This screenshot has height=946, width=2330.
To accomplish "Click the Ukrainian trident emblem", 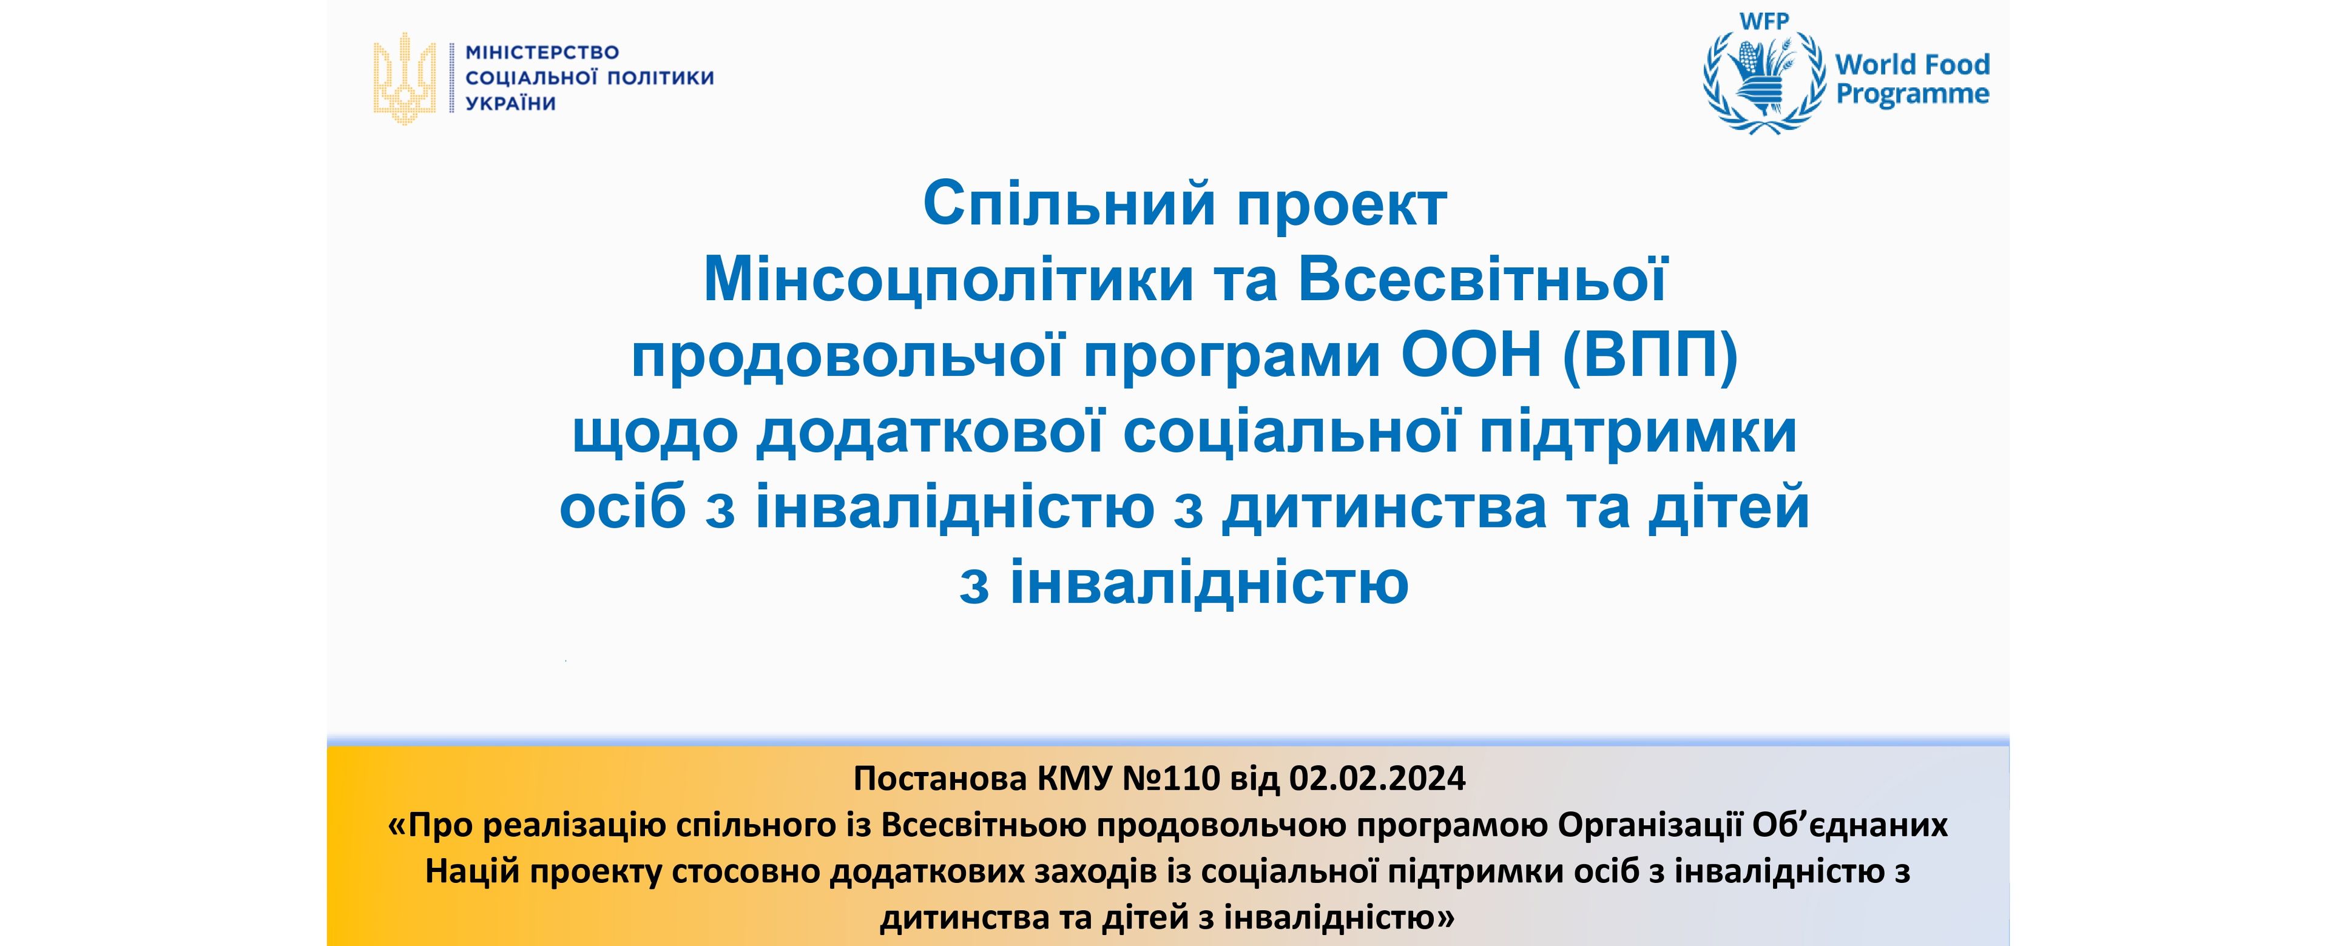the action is pyautogui.click(x=404, y=79).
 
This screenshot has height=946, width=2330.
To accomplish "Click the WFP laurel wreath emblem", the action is pyautogui.click(x=1764, y=83).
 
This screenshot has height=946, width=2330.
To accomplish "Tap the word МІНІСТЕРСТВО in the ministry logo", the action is pyautogui.click(x=542, y=53).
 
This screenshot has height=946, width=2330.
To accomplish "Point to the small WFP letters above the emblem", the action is pyautogui.click(x=1764, y=21).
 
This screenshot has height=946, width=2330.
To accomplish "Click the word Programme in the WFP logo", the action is pyautogui.click(x=1912, y=94).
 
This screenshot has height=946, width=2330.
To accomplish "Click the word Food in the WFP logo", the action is pyautogui.click(x=1956, y=64).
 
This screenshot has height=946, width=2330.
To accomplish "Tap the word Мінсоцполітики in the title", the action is pyautogui.click(x=948, y=280).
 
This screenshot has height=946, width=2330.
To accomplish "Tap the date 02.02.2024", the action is pyautogui.click(x=1377, y=778).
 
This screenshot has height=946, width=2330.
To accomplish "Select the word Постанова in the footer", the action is pyautogui.click(x=940, y=778).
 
